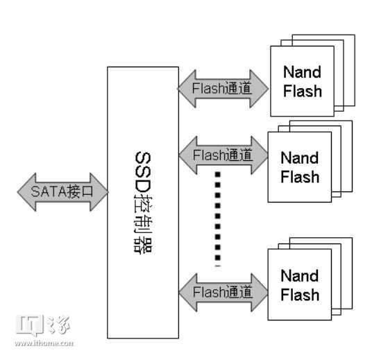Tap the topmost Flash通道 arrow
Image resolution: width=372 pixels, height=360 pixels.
(222, 89)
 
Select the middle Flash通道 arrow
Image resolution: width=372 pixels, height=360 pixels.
(222, 154)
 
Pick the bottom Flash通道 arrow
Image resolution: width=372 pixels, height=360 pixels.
(222, 291)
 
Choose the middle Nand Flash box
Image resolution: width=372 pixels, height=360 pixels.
(299, 167)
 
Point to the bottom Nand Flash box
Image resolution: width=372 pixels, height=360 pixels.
(299, 285)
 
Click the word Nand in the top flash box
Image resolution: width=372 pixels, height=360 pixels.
(302, 72)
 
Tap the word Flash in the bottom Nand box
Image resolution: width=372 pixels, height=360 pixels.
(301, 295)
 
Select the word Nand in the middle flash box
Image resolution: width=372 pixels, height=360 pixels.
(300, 158)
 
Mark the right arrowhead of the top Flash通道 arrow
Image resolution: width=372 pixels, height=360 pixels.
(260, 89)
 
